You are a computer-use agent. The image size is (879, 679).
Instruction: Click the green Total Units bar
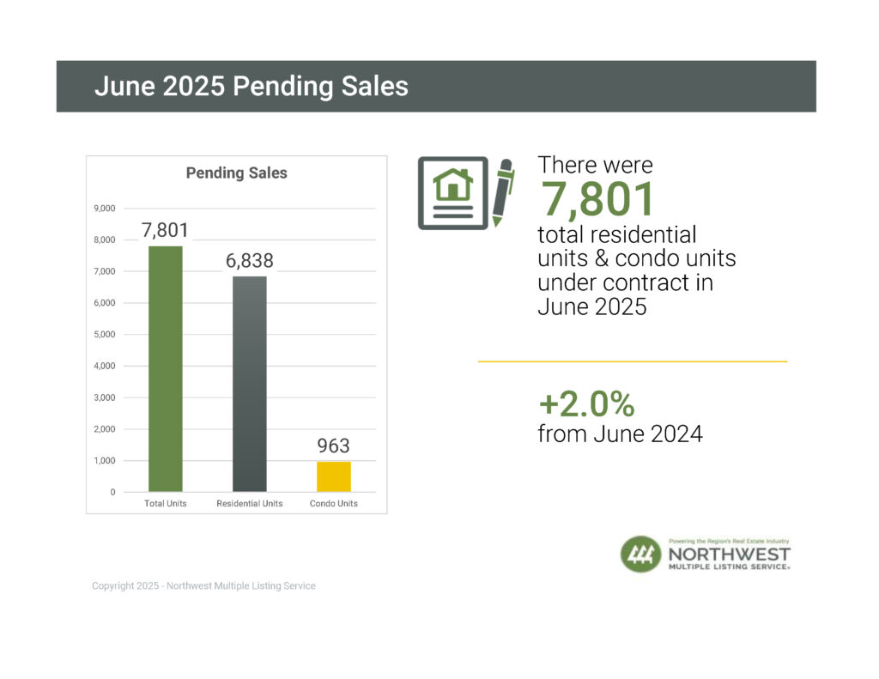click(165, 369)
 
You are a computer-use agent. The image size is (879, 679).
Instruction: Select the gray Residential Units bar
click(249, 384)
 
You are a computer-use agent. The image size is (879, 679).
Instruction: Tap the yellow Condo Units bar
click(333, 476)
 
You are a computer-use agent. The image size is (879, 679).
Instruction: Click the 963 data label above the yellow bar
click(333, 446)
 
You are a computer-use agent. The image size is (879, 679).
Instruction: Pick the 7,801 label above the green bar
click(165, 230)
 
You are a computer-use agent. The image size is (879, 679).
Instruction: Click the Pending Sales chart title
click(237, 173)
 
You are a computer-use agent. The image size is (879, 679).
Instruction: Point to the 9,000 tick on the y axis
click(104, 209)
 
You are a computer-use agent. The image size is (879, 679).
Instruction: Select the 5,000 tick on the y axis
click(104, 335)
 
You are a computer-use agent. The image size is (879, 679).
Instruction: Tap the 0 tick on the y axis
click(112, 493)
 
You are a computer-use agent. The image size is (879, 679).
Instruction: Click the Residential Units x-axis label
click(249, 503)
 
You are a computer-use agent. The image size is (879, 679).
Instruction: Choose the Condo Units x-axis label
click(333, 503)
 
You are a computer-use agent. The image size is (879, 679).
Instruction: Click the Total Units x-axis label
click(165, 503)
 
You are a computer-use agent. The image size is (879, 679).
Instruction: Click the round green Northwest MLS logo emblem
click(640, 555)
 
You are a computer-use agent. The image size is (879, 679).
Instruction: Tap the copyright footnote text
click(203, 586)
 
